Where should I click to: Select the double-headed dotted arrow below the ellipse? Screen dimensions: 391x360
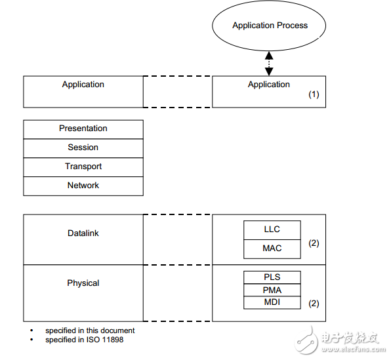pyautogui.click(x=269, y=64)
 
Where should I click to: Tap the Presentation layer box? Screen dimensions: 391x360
pyautogui.click(x=83, y=129)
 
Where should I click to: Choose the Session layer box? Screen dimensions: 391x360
pyautogui.click(x=83, y=148)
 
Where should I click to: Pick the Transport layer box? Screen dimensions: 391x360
pyautogui.click(x=83, y=167)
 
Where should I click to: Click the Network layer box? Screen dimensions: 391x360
pyautogui.click(x=83, y=186)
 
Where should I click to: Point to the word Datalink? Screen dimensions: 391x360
pyautogui.click(x=83, y=233)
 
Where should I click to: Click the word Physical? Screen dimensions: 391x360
pyautogui.click(x=83, y=283)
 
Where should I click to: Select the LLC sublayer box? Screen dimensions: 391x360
pyautogui.click(x=272, y=230)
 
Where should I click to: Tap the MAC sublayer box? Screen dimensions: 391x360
pyautogui.click(x=272, y=249)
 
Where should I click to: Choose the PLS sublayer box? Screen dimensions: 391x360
pyautogui.click(x=272, y=277)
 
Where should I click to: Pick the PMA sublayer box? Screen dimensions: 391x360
pyautogui.click(x=272, y=290)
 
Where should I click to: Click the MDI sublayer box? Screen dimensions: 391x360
pyautogui.click(x=272, y=303)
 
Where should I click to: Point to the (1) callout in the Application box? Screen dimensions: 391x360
pyautogui.click(x=314, y=94)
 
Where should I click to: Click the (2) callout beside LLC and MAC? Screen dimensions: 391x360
pyautogui.click(x=314, y=243)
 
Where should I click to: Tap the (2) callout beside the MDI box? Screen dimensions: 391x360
pyautogui.click(x=314, y=304)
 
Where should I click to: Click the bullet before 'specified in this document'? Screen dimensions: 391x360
pyautogui.click(x=31, y=330)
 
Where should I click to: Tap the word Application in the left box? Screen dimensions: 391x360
pyautogui.click(x=83, y=85)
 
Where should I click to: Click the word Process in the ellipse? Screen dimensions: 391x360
pyautogui.click(x=292, y=26)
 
